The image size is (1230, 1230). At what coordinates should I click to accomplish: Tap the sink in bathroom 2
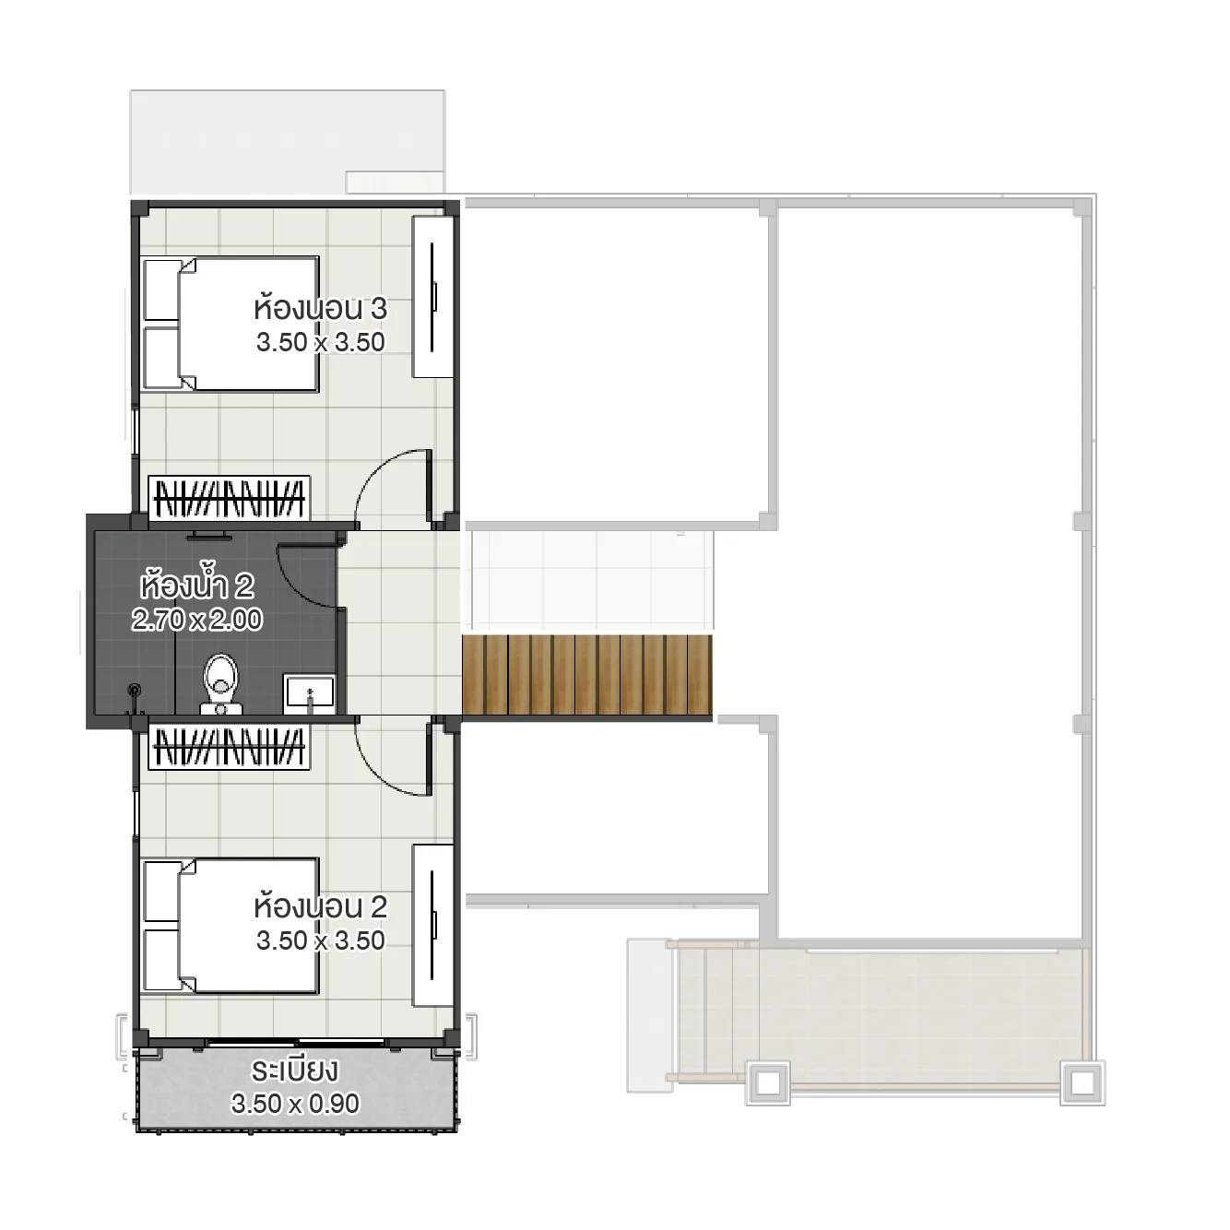(x=310, y=692)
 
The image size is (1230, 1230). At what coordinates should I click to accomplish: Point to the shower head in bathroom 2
(x=136, y=691)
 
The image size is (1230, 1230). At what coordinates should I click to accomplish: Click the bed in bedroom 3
(x=231, y=324)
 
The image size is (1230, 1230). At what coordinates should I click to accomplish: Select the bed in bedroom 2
(x=231, y=926)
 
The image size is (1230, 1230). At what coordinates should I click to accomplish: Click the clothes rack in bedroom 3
(x=230, y=498)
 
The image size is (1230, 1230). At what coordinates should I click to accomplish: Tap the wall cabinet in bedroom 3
(x=432, y=297)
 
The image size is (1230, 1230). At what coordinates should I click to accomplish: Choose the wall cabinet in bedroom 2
(x=432, y=925)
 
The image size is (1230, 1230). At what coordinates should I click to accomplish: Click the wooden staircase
(x=587, y=675)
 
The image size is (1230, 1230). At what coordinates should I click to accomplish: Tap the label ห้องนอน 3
(x=320, y=308)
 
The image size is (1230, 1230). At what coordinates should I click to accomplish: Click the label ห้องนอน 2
(x=320, y=906)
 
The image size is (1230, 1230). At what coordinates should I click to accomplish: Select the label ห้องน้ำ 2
(x=196, y=585)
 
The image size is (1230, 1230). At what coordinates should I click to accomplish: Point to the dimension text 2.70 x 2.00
(x=196, y=620)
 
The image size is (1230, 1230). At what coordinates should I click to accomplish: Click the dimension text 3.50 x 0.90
(x=295, y=1104)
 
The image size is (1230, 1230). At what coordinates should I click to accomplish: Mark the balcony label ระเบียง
(x=294, y=1071)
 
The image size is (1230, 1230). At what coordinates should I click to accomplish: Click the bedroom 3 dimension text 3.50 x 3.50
(x=320, y=342)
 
